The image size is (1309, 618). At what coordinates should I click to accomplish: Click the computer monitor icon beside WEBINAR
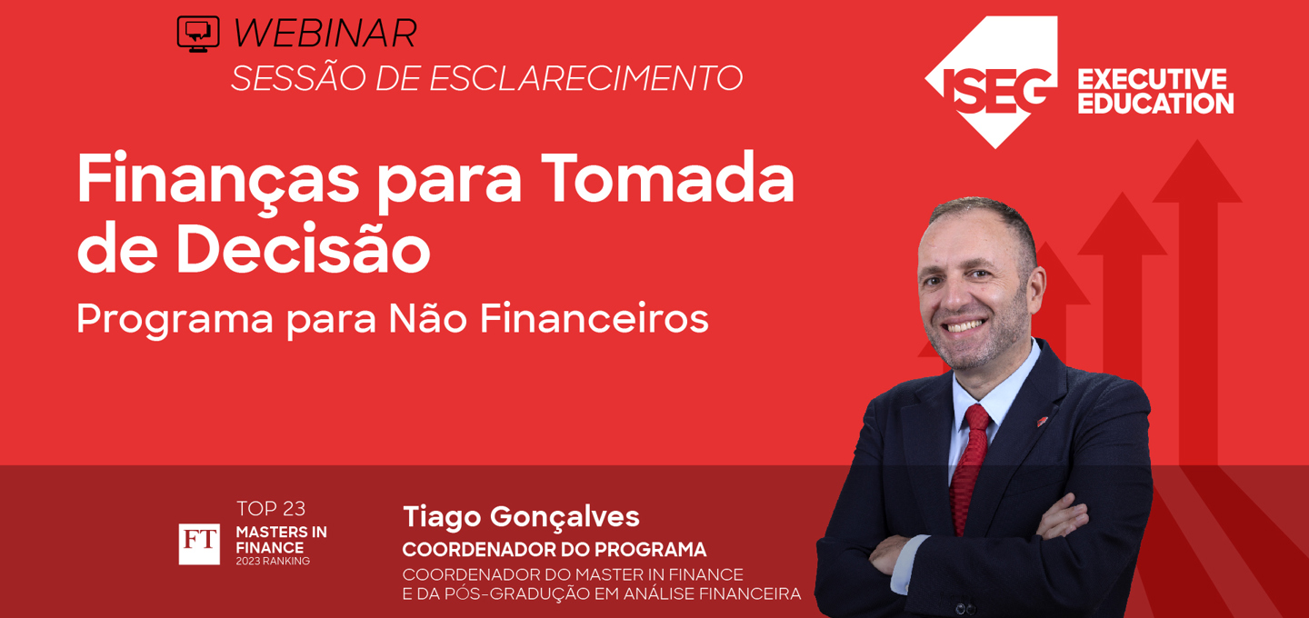pos(198,34)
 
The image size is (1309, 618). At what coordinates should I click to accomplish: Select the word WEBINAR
pos(325,34)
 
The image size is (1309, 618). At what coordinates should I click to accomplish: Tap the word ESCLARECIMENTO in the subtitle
pos(585,78)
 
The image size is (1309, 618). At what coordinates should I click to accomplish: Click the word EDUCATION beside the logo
pos(1154,104)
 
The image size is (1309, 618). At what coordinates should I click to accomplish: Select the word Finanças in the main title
pos(218,178)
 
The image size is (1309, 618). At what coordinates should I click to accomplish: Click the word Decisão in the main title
pos(303,249)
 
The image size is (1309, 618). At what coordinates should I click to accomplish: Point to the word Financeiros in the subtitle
pos(594,318)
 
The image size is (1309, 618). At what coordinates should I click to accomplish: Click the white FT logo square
pos(199,543)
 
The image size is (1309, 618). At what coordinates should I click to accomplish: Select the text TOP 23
pos(271,509)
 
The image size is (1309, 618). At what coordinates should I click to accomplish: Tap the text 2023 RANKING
pos(273,562)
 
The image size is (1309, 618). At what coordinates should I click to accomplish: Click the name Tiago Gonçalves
pos(521,516)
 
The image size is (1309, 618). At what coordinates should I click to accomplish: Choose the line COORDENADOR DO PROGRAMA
pos(554,550)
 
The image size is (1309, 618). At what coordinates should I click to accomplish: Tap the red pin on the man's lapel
pos(1042,420)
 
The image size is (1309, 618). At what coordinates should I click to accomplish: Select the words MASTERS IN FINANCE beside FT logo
pos(281,540)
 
